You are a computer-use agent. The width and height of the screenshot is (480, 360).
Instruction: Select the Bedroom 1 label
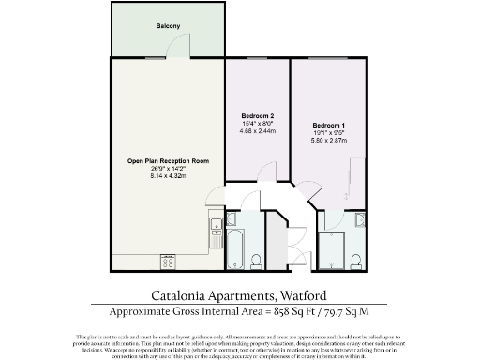[330, 125]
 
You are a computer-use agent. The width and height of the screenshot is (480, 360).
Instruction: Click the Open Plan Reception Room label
[168, 161]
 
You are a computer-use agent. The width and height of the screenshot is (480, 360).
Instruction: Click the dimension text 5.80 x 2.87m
[330, 141]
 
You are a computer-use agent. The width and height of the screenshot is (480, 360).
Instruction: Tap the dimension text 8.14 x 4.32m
[168, 176]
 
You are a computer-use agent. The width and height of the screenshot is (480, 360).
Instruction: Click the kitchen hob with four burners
[169, 260]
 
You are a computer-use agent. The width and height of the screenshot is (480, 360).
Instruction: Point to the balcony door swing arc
[214, 198]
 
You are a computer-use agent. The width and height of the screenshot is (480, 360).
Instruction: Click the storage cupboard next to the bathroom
[278, 234]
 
